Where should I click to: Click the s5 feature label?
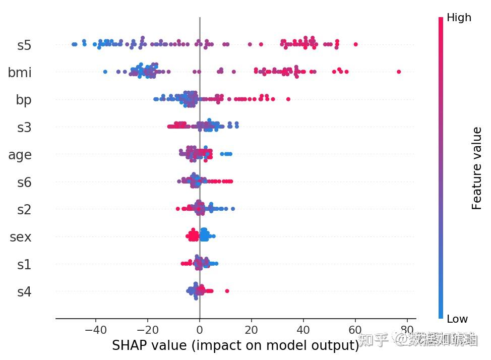pyautogui.click(x=24, y=45)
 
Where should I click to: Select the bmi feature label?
pyautogui.click(x=20, y=73)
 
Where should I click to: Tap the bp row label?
pyautogui.click(x=23, y=100)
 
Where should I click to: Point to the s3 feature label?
pyautogui.click(x=24, y=128)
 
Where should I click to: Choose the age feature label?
pyautogui.click(x=20, y=155)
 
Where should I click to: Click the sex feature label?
pyautogui.click(x=21, y=237)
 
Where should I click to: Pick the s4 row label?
pyautogui.click(x=24, y=291)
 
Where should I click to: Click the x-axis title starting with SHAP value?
pyautogui.click(x=235, y=345)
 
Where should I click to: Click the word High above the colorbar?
pyautogui.click(x=459, y=18)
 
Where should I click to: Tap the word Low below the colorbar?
pyautogui.click(x=457, y=319)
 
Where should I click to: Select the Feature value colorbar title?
pyautogui.click(x=476, y=168)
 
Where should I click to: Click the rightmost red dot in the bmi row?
pyautogui.click(x=399, y=72)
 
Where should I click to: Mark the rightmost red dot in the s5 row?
pyautogui.click(x=355, y=45)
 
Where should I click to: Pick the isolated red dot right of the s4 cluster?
pyautogui.click(x=227, y=291)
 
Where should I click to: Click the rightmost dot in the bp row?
pyautogui.click(x=288, y=99)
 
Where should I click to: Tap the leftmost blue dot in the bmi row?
pyautogui.click(x=105, y=72)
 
